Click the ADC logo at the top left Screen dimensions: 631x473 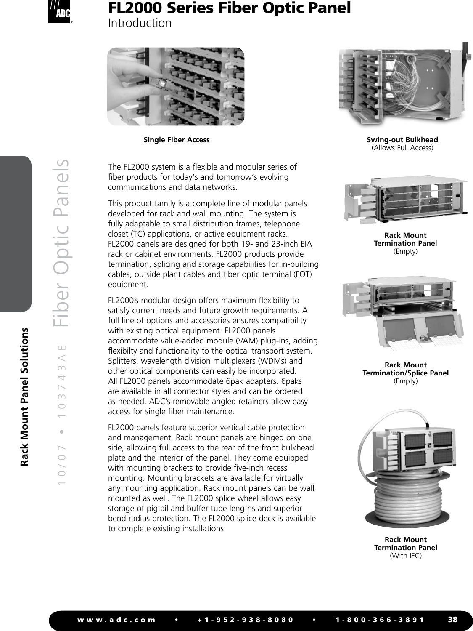click(x=58, y=12)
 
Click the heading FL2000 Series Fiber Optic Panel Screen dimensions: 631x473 click(x=229, y=8)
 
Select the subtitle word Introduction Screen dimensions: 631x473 click(x=140, y=23)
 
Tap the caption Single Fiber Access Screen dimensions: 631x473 click(x=177, y=140)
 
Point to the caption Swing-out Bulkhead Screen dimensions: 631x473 click(x=402, y=140)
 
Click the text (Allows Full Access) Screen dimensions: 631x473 click(x=402, y=148)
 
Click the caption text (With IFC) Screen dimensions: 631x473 click(x=405, y=556)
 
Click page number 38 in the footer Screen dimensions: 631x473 click(x=452, y=619)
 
